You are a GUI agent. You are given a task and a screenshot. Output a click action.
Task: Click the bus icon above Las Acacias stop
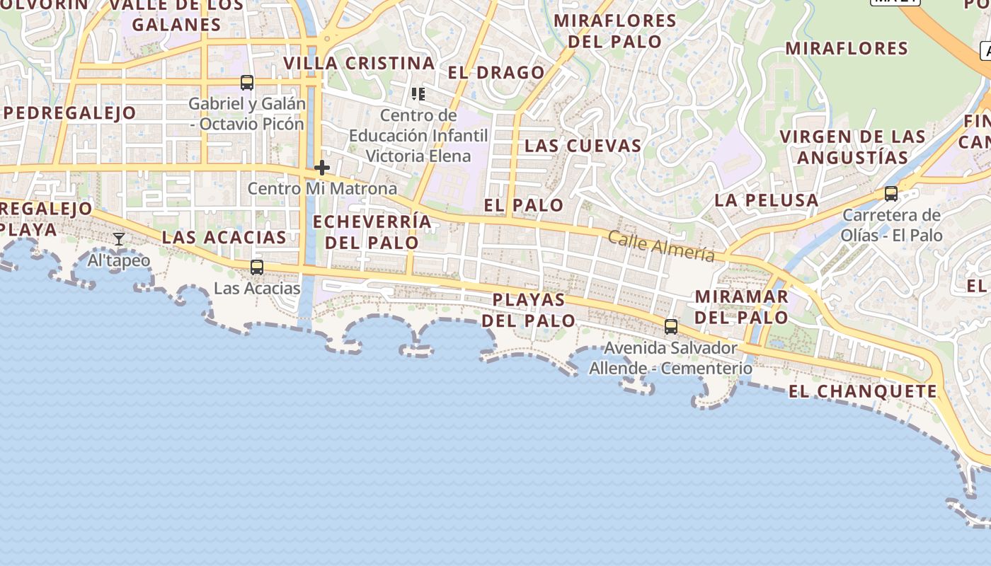[257, 267]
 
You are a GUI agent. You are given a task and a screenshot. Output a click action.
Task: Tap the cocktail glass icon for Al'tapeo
[119, 239]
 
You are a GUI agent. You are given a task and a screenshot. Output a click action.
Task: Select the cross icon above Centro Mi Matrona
[322, 168]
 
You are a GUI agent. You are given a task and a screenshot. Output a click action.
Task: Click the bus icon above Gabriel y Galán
[247, 83]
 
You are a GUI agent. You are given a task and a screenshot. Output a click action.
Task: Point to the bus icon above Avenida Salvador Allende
[671, 327]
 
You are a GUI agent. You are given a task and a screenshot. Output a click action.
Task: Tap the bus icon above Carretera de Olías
[891, 194]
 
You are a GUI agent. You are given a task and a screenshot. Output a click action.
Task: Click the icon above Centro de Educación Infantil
[418, 93]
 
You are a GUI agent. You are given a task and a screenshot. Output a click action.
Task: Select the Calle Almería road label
[661, 246]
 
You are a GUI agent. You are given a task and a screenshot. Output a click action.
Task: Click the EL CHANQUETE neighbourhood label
[862, 391]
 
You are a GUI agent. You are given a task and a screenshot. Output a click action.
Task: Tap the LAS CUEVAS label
[583, 146]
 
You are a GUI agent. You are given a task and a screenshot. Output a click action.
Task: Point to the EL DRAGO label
[496, 73]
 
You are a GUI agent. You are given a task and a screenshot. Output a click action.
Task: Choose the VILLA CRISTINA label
[359, 63]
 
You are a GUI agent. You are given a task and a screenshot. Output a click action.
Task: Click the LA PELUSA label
[766, 200]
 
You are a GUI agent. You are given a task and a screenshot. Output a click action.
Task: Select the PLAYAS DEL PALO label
[529, 310]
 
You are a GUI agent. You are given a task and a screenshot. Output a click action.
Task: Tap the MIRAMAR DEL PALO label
[742, 306]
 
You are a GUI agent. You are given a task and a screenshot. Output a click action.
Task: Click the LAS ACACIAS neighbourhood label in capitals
[224, 237]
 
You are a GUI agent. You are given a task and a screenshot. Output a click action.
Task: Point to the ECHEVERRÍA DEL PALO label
[372, 231]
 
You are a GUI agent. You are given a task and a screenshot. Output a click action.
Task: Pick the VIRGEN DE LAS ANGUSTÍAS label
[852, 146]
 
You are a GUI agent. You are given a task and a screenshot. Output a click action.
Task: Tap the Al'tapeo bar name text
[119, 260]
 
